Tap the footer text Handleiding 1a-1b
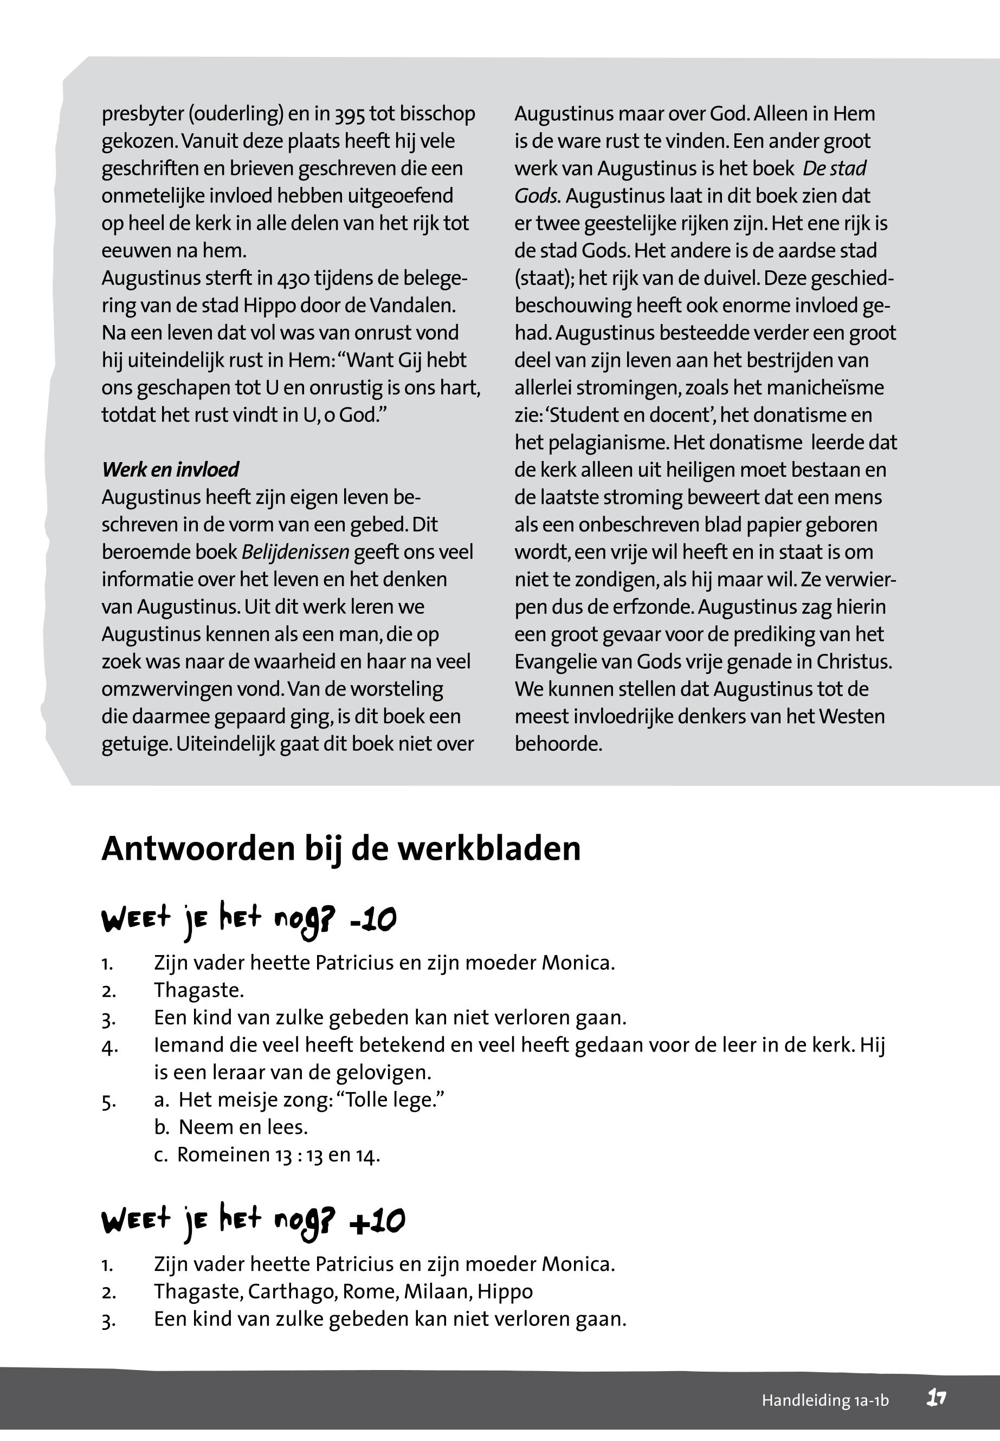tap(824, 1400)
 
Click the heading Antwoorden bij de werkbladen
tap(341, 849)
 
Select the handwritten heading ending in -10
tap(249, 920)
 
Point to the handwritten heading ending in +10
tap(253, 1221)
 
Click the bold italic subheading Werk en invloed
tap(170, 470)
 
